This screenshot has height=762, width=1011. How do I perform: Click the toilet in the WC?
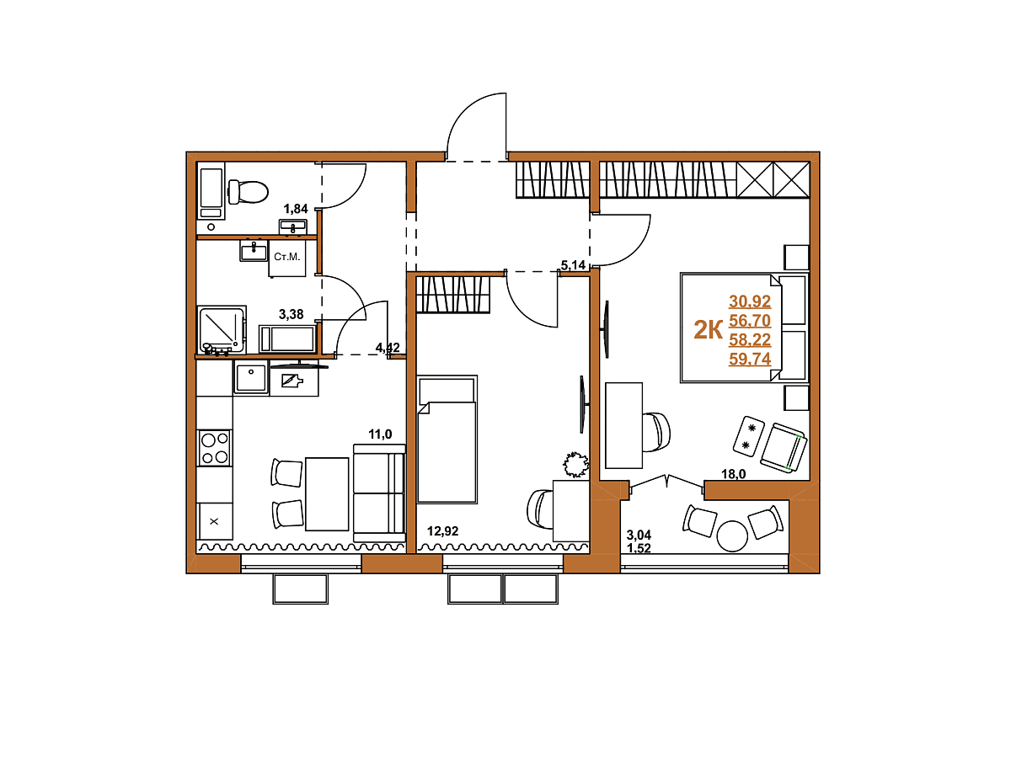(249, 191)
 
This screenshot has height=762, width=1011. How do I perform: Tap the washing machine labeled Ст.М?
(287, 258)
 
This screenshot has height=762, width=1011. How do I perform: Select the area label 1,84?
(295, 209)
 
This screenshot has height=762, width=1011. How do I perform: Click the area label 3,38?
(292, 314)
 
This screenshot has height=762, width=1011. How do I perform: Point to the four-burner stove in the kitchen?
(215, 448)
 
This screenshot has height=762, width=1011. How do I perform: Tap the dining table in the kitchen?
(327, 493)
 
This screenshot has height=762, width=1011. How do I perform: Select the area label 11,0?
(380, 434)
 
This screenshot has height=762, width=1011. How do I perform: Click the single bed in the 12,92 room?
(447, 439)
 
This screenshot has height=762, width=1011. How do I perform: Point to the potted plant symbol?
(575, 464)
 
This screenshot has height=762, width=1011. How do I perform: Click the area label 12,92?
(442, 531)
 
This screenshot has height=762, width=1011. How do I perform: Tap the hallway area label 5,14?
(573, 265)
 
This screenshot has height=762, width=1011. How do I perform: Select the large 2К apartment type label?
(708, 330)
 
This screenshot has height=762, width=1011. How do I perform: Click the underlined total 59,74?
(750, 359)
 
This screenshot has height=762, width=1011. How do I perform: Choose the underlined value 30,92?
(750, 301)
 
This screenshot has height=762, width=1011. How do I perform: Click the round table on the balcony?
(732, 536)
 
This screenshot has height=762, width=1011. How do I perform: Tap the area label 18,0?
(734, 473)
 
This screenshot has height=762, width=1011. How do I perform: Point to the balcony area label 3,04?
(639, 535)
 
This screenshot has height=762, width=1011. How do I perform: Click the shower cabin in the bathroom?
(222, 330)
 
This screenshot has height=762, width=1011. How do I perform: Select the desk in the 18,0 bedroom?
(623, 426)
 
